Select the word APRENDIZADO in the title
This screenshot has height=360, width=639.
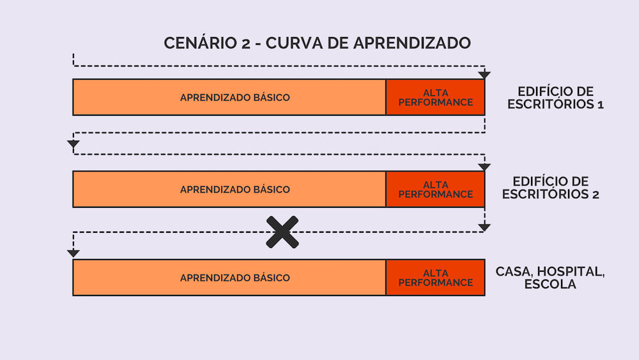[412, 43]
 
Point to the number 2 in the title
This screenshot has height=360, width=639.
[246, 43]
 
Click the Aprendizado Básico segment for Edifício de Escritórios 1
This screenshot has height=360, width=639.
[229, 97]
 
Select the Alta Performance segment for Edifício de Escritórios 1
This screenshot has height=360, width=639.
[435, 97]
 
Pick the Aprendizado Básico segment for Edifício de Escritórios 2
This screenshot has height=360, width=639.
[229, 189]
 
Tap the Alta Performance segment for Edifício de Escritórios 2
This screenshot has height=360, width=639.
[435, 189]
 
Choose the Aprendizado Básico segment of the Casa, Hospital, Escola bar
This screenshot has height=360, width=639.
[229, 278]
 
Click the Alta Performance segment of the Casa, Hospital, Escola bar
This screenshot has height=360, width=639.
[435, 278]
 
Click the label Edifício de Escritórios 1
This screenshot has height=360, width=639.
[555, 98]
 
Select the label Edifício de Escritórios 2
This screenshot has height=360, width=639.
[551, 188]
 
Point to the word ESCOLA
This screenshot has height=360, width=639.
[550, 284]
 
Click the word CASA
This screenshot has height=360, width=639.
[514, 272]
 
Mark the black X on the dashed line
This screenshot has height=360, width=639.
[282, 232]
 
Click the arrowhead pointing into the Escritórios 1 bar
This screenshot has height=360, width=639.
[484, 75]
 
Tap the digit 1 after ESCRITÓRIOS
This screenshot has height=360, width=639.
[601, 104]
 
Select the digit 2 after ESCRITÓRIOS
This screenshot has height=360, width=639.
[596, 194]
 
